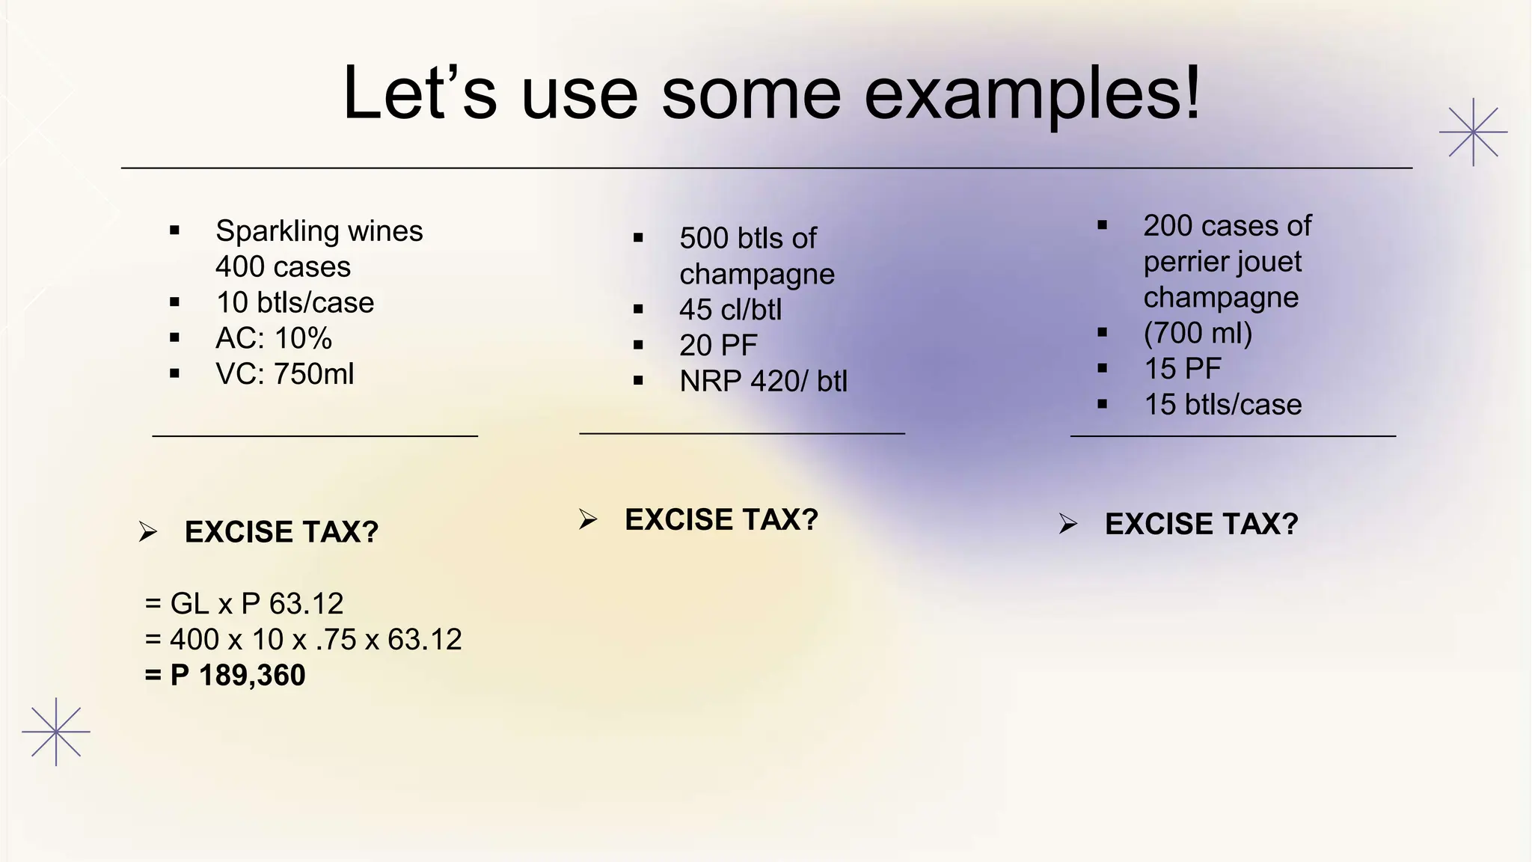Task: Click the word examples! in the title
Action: pos(1032,95)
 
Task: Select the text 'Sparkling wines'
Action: pos(319,230)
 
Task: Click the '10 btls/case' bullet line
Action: pos(295,302)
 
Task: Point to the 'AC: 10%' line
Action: pos(274,338)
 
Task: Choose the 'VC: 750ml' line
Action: pos(284,374)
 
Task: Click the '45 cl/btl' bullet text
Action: pos(730,310)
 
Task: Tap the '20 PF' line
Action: pos(718,346)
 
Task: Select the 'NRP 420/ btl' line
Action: pos(763,382)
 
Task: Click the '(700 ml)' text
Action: pos(1198,333)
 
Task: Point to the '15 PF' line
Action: pos(1182,369)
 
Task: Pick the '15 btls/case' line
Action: pos(1222,405)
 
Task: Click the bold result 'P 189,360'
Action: pos(237,676)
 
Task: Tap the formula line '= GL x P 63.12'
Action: pos(244,603)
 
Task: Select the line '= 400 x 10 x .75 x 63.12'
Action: pos(303,640)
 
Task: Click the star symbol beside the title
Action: pos(1473,132)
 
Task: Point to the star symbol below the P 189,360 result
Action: pos(56,732)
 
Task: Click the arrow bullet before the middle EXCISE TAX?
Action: pos(588,519)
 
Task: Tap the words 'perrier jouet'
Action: pos(1222,262)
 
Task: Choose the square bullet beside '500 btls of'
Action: pos(638,239)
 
